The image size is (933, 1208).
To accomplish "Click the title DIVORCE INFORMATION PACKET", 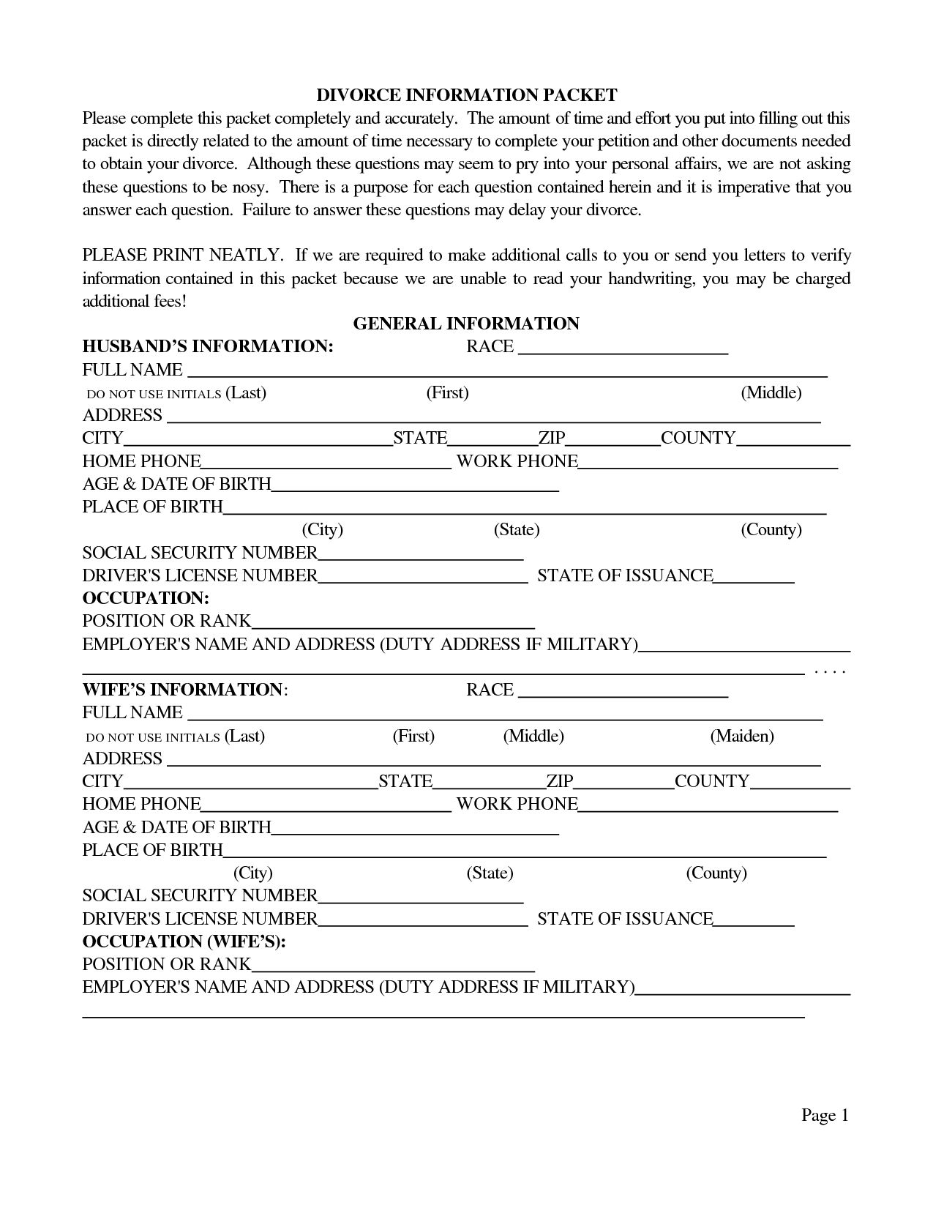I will [x=466, y=95].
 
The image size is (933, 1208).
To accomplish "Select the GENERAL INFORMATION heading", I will [x=466, y=324].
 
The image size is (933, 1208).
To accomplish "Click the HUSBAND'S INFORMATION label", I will [x=208, y=346].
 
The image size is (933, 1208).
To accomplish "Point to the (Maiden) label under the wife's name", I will [x=741, y=736].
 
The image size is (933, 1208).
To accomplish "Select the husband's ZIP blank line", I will [x=613, y=439].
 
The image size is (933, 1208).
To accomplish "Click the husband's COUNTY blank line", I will [x=793, y=439].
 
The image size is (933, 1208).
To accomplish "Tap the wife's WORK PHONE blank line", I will [x=708, y=805].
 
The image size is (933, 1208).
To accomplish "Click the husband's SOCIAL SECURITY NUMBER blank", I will [x=421, y=554].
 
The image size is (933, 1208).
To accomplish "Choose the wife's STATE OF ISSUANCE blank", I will [x=754, y=920].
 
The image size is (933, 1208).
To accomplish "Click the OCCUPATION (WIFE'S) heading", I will [x=184, y=942].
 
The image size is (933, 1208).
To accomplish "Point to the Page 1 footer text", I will [x=825, y=1115].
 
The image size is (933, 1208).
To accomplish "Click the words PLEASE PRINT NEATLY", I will [x=181, y=256].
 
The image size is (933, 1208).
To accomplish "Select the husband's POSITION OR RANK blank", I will [x=393, y=622].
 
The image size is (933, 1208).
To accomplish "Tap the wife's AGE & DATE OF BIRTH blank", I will [x=415, y=829].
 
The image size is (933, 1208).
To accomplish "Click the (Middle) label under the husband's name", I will [x=771, y=392].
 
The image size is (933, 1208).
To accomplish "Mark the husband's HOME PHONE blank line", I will [x=326, y=463].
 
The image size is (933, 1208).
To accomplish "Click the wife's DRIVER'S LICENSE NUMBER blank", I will [x=423, y=920].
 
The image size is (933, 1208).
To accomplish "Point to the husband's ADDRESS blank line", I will [x=494, y=417].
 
